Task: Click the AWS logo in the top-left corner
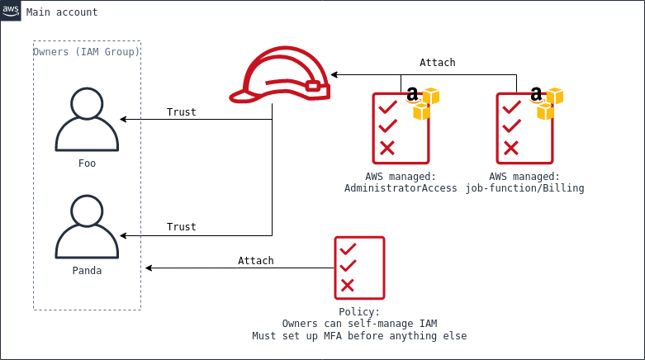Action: click(11, 11)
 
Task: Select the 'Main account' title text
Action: click(62, 12)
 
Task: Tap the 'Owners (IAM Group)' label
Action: click(87, 52)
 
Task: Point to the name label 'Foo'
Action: click(87, 163)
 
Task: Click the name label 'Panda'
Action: click(87, 270)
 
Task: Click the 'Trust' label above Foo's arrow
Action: click(181, 112)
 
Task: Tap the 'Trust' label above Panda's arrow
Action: click(181, 227)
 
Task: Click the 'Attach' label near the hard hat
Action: click(437, 63)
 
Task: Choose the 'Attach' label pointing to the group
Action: click(255, 261)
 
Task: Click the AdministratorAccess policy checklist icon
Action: click(401, 128)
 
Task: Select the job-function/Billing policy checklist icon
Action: click(524, 128)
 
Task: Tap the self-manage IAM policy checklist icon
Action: click(359, 267)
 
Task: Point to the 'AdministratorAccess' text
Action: click(401, 188)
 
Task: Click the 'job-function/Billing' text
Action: click(524, 188)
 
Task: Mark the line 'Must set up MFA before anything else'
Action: click(359, 336)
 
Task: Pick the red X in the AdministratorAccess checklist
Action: click(387, 149)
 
